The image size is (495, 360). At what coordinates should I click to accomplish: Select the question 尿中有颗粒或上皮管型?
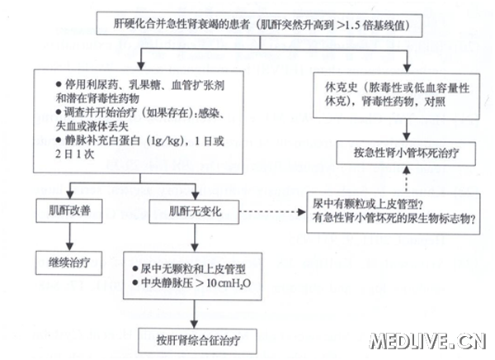[369, 202]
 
